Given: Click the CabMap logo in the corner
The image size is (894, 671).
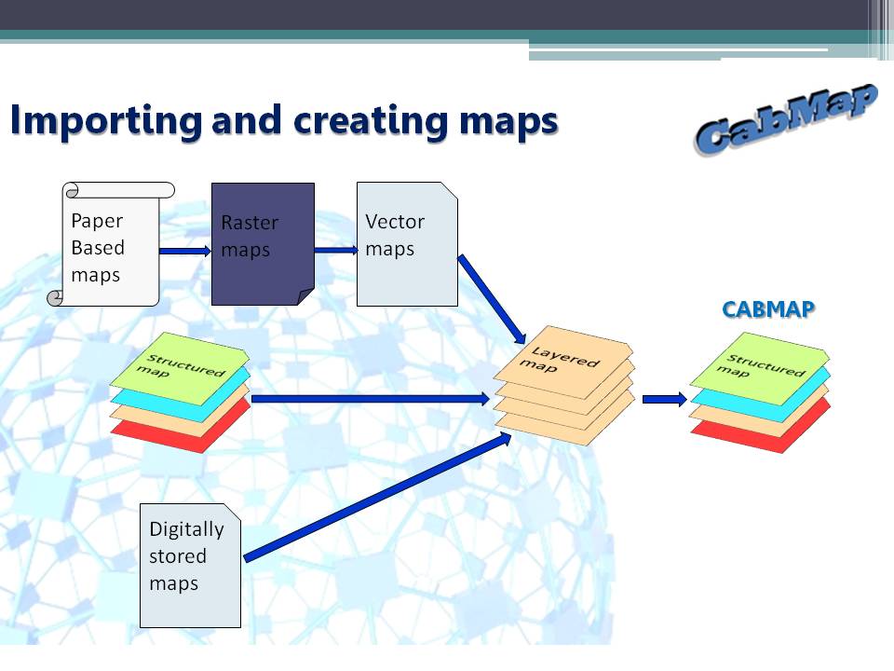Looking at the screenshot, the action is tap(786, 118).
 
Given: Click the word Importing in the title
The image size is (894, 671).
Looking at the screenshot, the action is tap(106, 121).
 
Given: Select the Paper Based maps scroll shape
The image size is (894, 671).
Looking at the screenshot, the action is tap(111, 244).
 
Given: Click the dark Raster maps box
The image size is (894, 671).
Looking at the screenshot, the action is tap(263, 244).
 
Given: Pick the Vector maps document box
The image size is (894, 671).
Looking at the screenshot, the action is tap(407, 244).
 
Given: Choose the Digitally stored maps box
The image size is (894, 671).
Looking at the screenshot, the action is tap(190, 566).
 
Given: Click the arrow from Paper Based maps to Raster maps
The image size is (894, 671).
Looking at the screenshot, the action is tap(185, 251).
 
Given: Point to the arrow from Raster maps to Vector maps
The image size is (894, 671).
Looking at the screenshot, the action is tap(336, 250).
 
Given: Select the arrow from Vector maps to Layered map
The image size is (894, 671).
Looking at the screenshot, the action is tap(492, 299).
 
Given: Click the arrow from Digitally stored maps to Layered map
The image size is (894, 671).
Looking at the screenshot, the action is tap(377, 497).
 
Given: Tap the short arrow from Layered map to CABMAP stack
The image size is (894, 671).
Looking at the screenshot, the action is tap(665, 399).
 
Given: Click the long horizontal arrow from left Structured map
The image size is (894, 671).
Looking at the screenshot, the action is tap(371, 398).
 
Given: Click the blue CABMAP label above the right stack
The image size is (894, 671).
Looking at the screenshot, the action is tap(768, 309).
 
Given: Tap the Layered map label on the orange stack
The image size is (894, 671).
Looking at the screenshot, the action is tap(560, 360).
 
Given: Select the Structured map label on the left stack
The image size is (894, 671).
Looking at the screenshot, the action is tap(182, 365).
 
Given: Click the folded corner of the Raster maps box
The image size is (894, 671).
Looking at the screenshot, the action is tap(306, 296).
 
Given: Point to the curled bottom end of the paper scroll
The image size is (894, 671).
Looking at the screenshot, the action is tap(55, 298).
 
